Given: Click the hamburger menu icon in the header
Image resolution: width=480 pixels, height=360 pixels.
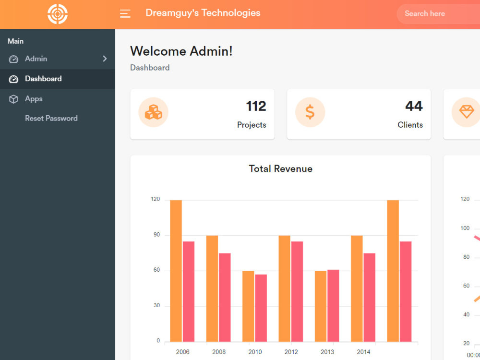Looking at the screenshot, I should (125, 14).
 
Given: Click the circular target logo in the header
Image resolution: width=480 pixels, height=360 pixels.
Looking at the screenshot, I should (58, 14).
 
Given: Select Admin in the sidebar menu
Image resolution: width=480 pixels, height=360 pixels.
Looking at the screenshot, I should (36, 59).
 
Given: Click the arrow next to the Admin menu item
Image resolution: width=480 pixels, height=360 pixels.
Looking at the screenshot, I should (105, 59).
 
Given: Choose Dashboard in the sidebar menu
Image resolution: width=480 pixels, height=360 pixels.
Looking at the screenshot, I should (43, 79).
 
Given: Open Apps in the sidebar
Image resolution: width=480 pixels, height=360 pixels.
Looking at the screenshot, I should (34, 99).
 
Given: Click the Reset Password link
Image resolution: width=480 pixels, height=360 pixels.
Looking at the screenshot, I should (51, 119).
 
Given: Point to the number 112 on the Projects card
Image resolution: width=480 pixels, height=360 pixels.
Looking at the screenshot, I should (256, 106).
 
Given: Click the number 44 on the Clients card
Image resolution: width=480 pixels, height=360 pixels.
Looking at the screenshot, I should (414, 106).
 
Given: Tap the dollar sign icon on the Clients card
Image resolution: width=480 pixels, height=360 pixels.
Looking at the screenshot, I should (310, 112).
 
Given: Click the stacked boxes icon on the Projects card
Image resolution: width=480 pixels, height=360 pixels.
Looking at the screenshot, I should (154, 112).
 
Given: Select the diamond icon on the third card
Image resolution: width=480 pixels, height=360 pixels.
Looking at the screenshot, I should (466, 112).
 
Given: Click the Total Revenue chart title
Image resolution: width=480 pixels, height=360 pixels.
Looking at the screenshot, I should (280, 169).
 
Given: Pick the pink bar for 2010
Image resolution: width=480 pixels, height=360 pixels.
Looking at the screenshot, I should (261, 308).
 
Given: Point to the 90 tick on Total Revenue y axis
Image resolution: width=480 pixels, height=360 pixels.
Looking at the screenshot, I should (156, 235).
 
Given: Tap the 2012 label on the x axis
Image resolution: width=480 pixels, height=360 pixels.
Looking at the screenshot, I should (291, 352).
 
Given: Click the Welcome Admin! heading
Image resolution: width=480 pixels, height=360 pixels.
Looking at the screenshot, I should (181, 51).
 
